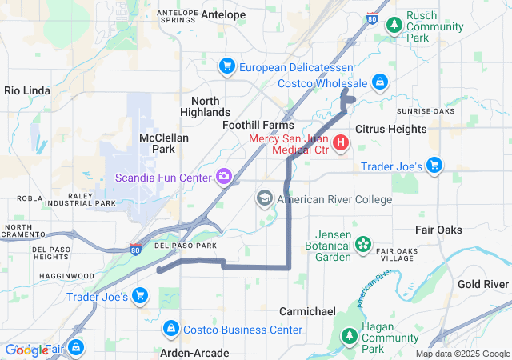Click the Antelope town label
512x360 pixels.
point(223,14)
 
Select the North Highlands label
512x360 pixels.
point(211,106)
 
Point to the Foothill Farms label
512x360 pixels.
point(258,126)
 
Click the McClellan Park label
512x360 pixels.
point(163,143)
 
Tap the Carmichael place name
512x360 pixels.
point(306,310)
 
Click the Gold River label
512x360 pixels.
point(483,284)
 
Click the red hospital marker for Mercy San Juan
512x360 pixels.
point(341,143)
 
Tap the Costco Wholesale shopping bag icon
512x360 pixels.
point(380,82)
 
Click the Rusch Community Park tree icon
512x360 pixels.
point(394,26)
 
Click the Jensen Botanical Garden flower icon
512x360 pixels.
point(363,243)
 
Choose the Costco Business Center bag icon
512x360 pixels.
point(170,329)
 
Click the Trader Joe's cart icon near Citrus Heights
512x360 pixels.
point(434,166)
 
